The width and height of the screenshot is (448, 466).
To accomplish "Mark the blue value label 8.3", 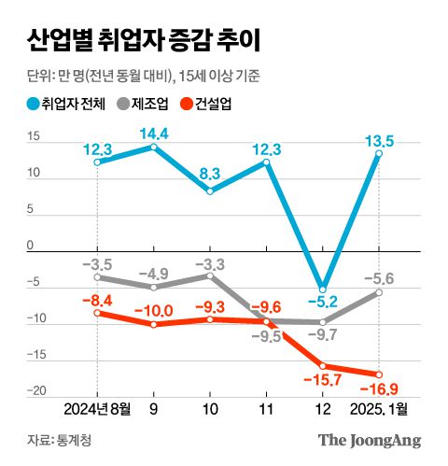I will (x=209, y=173).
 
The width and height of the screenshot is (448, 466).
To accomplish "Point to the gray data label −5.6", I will (x=380, y=277).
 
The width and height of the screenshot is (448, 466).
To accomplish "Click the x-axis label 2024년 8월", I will (x=96, y=408).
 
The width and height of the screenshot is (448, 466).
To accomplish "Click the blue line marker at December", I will (x=323, y=287).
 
